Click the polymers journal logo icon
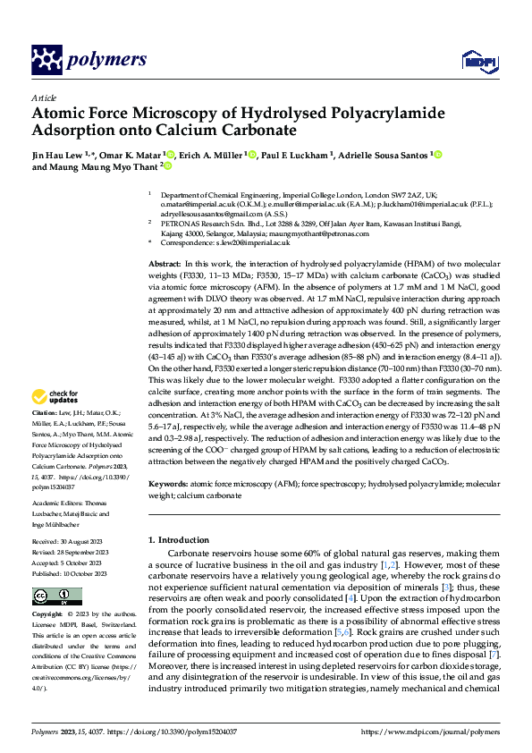tap(46, 60)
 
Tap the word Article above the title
tap(43, 97)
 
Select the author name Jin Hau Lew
tap(56, 155)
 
